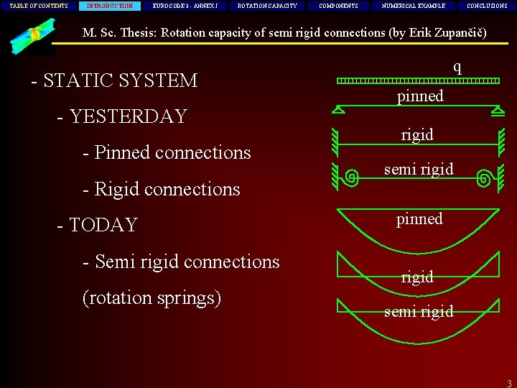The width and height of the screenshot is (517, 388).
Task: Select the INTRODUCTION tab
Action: [109, 6]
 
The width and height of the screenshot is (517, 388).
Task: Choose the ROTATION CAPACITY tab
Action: [267, 6]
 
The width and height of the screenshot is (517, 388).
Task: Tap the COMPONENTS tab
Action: [338, 6]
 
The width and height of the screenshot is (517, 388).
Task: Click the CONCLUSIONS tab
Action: [487, 6]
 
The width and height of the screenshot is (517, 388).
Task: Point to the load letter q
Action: [457, 67]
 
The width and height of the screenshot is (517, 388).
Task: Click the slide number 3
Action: [508, 383]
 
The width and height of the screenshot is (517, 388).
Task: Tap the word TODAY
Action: [103, 225]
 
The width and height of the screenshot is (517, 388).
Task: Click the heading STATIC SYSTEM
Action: [119, 80]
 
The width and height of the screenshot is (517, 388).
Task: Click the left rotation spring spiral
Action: [352, 175]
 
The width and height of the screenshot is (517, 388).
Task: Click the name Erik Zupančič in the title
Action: [444, 32]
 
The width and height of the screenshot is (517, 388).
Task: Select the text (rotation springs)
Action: [152, 297]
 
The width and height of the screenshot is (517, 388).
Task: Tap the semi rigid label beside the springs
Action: [419, 170]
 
